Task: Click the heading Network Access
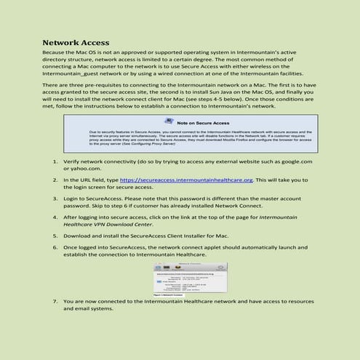76,43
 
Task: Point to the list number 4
57,217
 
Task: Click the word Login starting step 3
73,198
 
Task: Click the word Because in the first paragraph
57,55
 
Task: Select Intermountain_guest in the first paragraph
76,73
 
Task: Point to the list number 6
57,247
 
